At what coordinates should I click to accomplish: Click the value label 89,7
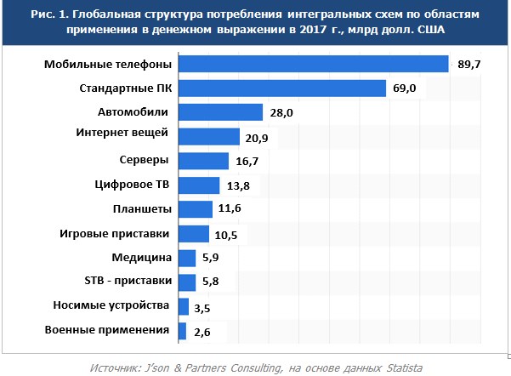pyautogui.click(x=469, y=64)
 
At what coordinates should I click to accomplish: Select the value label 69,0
pyautogui.click(x=414, y=88)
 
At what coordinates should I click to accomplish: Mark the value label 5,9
pyautogui.click(x=212, y=258)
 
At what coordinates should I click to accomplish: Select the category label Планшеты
pyautogui.click(x=143, y=209)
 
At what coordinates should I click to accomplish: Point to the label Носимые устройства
pyautogui.click(x=115, y=305)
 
